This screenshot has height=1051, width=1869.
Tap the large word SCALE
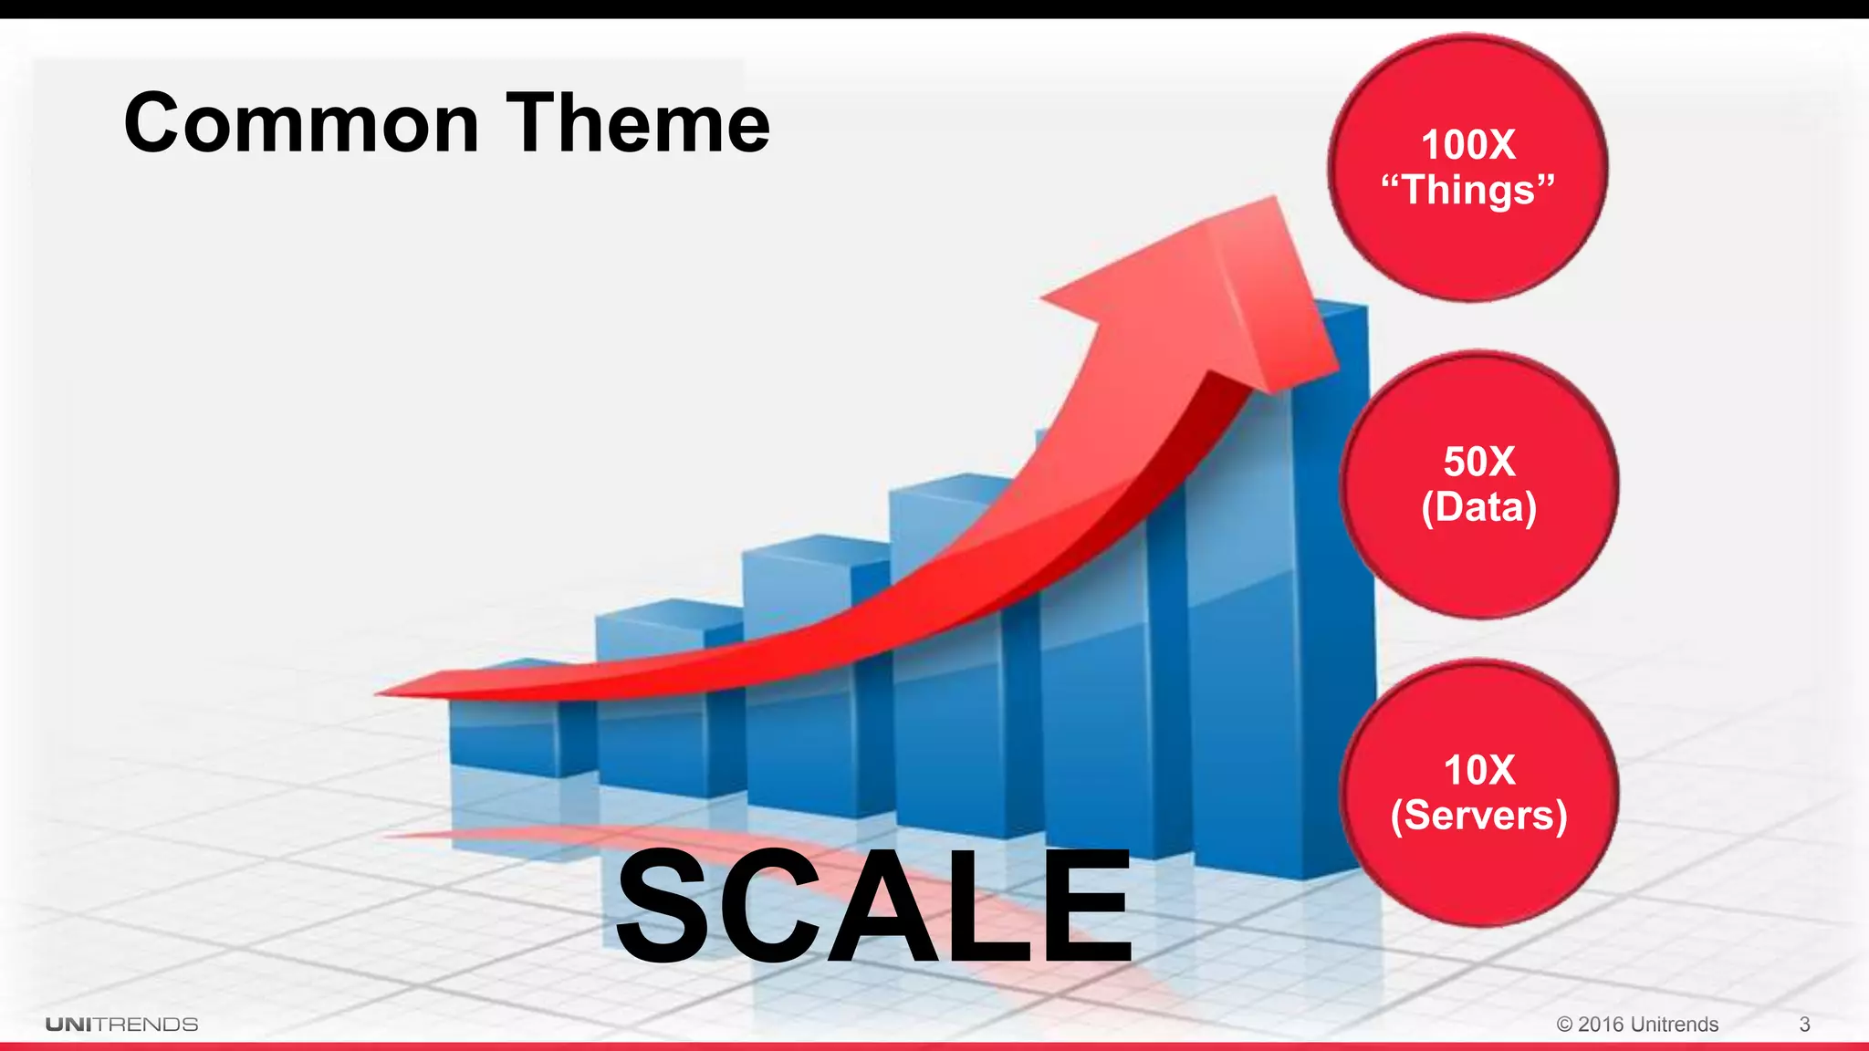[873, 907]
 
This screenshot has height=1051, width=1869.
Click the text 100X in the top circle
[1467, 145]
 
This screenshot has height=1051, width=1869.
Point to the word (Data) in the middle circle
[1478, 507]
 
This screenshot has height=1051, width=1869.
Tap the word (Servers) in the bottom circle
[1478, 815]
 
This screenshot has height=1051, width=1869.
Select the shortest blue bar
[502, 739]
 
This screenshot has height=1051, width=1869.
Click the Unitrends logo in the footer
[122, 1025]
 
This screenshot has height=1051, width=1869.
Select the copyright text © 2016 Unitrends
[1637, 1025]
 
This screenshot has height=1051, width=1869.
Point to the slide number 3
[1804, 1025]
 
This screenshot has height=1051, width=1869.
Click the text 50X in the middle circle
[1478, 462]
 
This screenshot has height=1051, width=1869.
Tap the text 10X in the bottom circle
[1478, 770]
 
